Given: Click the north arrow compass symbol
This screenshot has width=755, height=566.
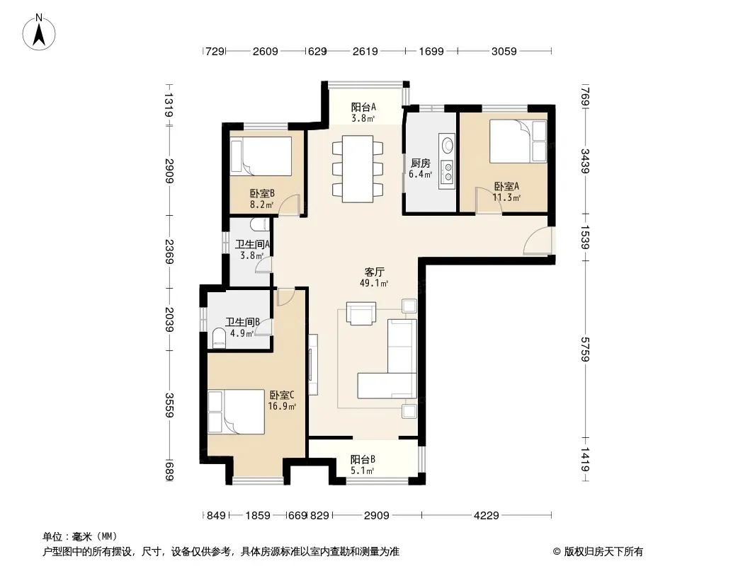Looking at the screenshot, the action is point(39,32).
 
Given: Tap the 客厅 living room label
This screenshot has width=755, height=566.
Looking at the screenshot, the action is point(374,272).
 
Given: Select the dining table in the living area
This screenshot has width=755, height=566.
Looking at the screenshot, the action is point(358,169).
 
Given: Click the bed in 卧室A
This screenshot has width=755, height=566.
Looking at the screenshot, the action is point(518,141).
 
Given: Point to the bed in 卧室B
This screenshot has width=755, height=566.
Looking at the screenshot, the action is point(261,156).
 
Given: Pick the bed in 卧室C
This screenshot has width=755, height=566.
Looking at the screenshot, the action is point(236,412).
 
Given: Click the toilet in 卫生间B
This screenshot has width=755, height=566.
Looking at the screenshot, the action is point(219,337).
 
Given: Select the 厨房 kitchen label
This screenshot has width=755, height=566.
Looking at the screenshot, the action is point(421,163).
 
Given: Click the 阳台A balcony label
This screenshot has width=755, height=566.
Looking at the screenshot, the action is point(363,108).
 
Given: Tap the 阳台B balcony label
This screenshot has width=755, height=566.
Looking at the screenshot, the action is point(363,459).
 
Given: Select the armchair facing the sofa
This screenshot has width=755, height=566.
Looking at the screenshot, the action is point(362,313).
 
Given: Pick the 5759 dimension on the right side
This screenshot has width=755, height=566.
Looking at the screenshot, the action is point(584,349).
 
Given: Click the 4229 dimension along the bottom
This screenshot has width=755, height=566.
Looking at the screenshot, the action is point(487,516).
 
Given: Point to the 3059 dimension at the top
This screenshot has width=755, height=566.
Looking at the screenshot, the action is point(504,51).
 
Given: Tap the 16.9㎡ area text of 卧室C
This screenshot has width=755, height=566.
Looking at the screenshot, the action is point(282,406).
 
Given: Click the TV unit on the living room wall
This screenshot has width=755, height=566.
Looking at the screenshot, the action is point(313,364).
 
